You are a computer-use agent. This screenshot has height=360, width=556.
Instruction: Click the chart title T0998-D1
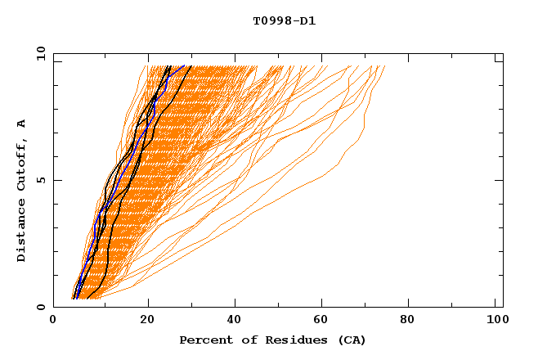coord(285,21)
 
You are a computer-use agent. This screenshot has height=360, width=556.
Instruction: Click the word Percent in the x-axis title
coord(204,340)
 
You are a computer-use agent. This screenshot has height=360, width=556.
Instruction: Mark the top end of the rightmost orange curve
coord(384,66)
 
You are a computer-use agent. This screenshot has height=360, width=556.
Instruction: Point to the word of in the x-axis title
coord(245,340)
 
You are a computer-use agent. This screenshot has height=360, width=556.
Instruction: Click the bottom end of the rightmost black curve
coord(87,298)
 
